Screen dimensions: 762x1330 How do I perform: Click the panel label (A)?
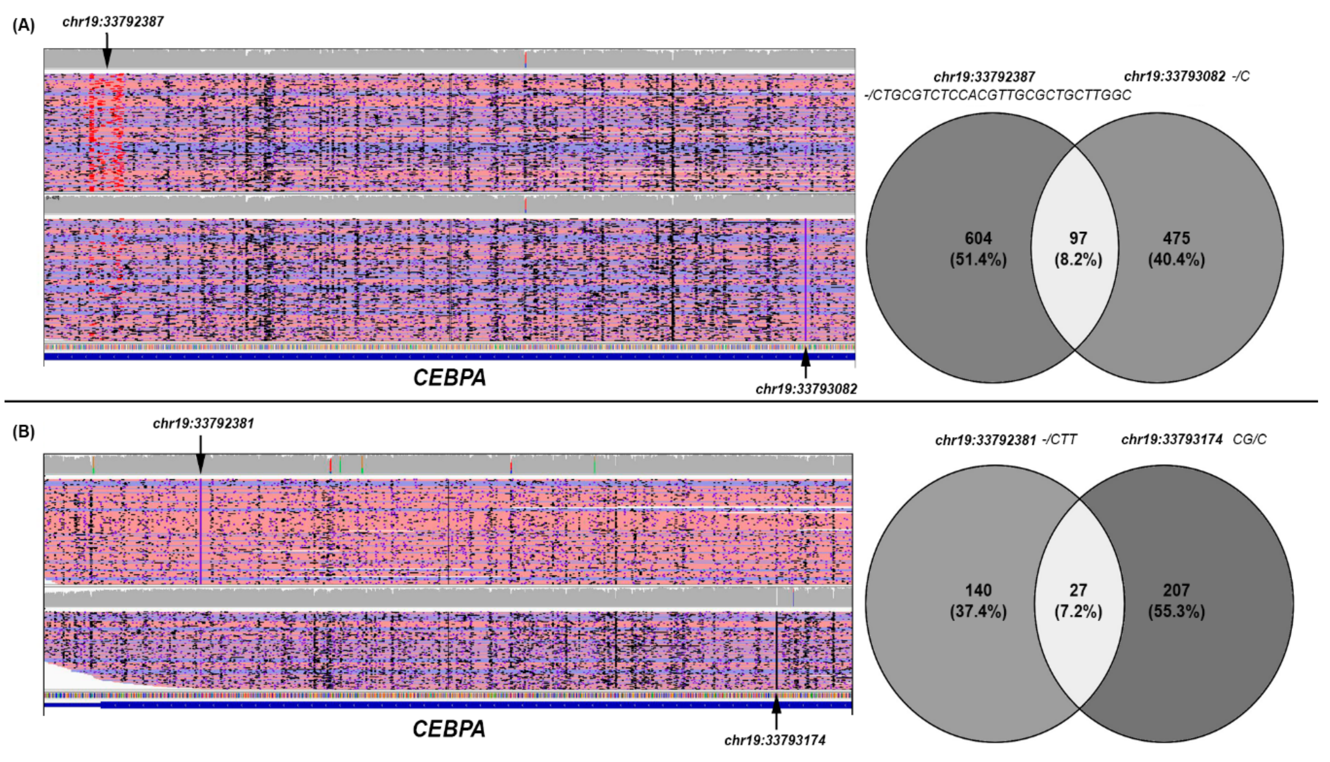pos(23,25)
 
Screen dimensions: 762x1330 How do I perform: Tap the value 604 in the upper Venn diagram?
pos(978,239)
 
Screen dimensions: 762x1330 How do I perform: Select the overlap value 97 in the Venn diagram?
pos(1078,239)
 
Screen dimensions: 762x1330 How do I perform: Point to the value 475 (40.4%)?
pos(1176,248)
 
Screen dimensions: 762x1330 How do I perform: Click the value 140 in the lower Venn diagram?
pos(978,590)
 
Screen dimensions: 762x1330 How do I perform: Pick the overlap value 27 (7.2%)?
pos(1078,600)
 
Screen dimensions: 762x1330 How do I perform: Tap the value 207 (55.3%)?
pos(1176,600)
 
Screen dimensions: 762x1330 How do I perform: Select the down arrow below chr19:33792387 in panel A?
pos(107,50)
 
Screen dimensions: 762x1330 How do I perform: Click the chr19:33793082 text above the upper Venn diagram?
pos(1174,77)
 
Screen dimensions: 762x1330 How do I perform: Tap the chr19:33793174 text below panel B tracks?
pos(775,740)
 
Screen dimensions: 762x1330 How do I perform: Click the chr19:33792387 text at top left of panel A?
pos(113,22)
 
